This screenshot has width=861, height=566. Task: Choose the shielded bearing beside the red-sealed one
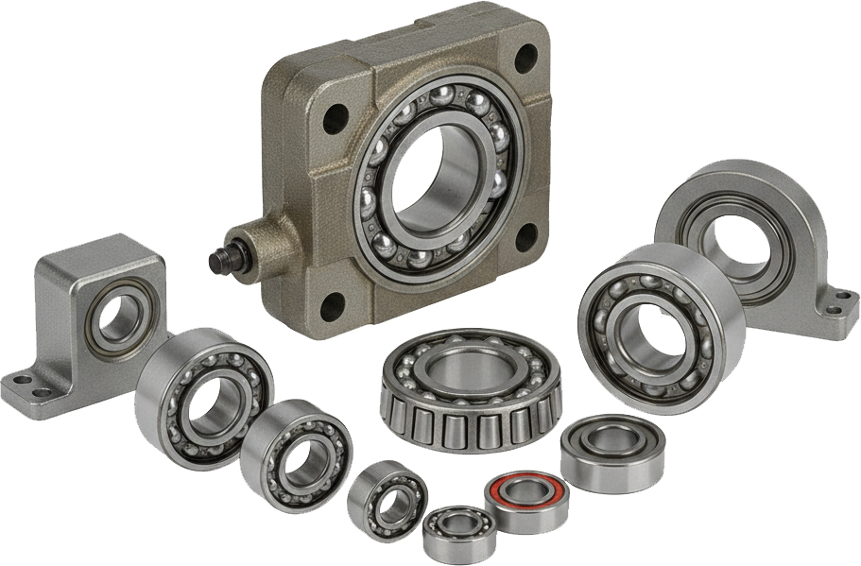point(611,454)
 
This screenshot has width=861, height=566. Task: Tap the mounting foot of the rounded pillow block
point(835,301)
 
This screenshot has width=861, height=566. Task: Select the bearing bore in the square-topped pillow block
point(118,317)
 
